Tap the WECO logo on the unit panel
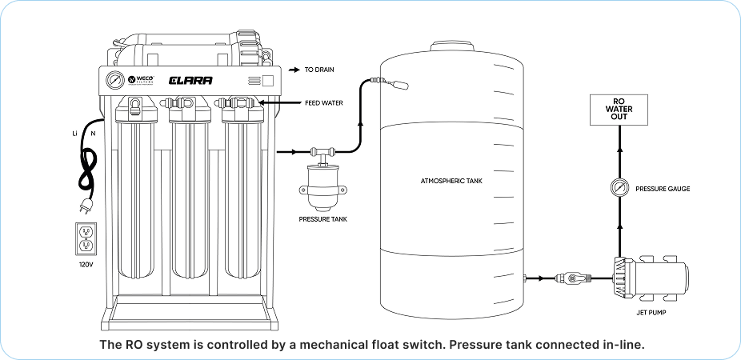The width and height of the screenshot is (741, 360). point(140,81)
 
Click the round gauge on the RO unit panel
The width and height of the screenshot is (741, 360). point(115,81)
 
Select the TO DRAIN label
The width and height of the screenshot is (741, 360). point(319,70)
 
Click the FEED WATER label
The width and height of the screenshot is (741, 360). point(324,103)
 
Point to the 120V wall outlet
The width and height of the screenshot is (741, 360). point(86,239)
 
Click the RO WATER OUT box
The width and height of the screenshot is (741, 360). point(617,109)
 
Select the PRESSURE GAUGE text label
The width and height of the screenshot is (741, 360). point(663,190)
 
